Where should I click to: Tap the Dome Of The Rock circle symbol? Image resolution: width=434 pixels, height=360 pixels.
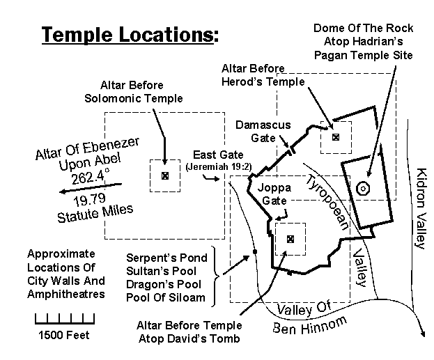pos(362,187)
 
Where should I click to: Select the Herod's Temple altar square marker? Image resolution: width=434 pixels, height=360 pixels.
pos(335,136)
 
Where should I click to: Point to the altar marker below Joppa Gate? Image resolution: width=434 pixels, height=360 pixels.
pos(290,239)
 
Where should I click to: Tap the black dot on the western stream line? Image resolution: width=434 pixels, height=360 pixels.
pos(256,251)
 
